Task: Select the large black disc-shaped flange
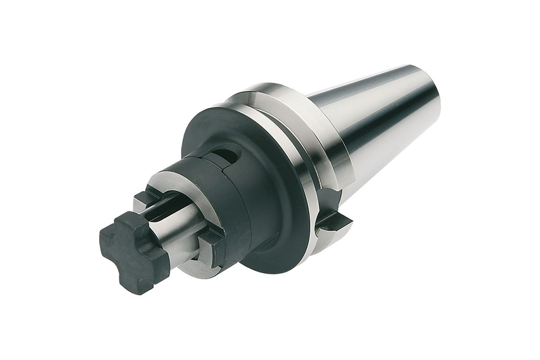[x=267, y=210]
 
